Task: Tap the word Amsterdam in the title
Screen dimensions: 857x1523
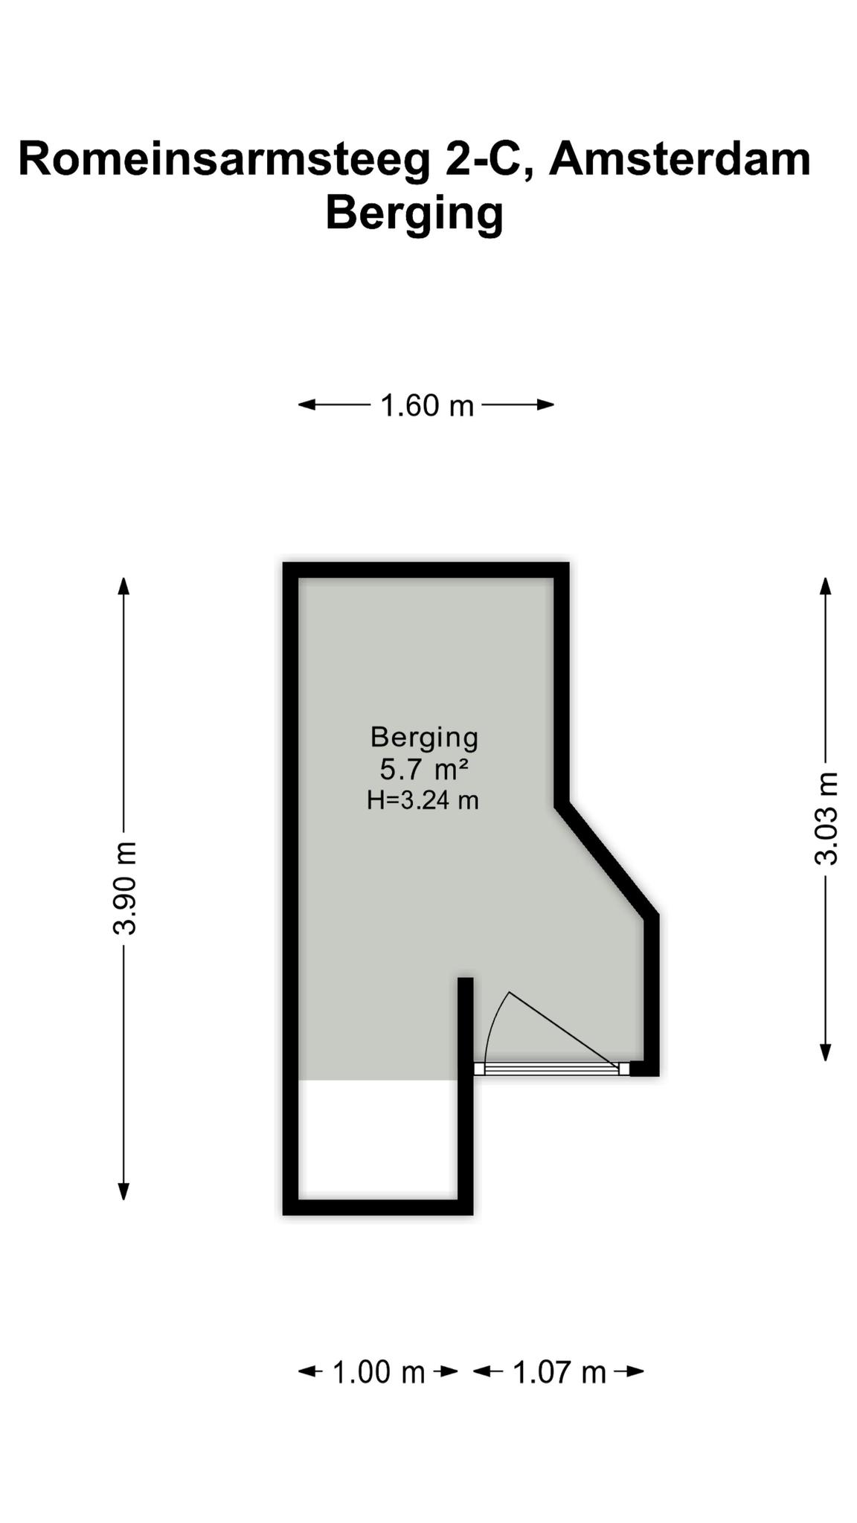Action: pyautogui.click(x=680, y=158)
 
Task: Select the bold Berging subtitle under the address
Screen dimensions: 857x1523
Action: pyautogui.click(x=414, y=213)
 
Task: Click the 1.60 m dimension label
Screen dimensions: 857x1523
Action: pyautogui.click(x=427, y=406)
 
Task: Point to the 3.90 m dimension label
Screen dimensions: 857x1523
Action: pyautogui.click(x=125, y=888)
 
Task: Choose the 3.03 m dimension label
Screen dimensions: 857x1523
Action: pyautogui.click(x=826, y=819)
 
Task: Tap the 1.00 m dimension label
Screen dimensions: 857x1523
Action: pyautogui.click(x=378, y=1372)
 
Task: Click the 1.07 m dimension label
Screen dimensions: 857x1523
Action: pyautogui.click(x=559, y=1372)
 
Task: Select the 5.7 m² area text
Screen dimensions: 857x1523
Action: pyautogui.click(x=424, y=768)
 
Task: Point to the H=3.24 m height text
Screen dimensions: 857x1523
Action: pyautogui.click(x=423, y=800)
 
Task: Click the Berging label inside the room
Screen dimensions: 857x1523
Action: pyautogui.click(x=424, y=738)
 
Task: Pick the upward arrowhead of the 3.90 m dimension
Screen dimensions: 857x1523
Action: pyautogui.click(x=124, y=586)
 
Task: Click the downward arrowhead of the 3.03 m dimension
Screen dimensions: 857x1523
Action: pyautogui.click(x=825, y=1052)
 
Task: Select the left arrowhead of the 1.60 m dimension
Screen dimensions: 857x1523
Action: pyautogui.click(x=307, y=405)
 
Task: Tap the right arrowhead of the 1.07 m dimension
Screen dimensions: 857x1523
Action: pyautogui.click(x=635, y=1371)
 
